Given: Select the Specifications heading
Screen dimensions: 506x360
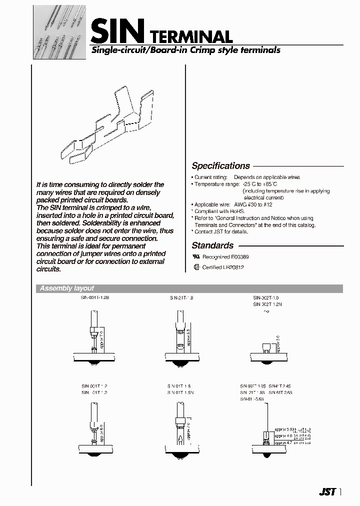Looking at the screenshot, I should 220,166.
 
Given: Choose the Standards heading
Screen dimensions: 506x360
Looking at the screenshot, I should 212,245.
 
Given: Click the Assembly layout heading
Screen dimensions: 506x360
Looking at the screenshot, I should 66,288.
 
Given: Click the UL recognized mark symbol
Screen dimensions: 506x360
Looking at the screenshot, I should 195,255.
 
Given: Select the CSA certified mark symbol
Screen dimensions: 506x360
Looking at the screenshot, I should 196,267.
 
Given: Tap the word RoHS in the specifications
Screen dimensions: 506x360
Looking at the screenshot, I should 237,211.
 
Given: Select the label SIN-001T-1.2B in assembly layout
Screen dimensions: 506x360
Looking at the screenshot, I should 95,297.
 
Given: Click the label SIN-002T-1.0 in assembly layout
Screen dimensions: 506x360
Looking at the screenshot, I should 265,297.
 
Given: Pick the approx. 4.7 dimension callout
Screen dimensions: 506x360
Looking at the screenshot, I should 283,442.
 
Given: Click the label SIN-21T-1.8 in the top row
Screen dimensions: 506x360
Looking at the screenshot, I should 180,297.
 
